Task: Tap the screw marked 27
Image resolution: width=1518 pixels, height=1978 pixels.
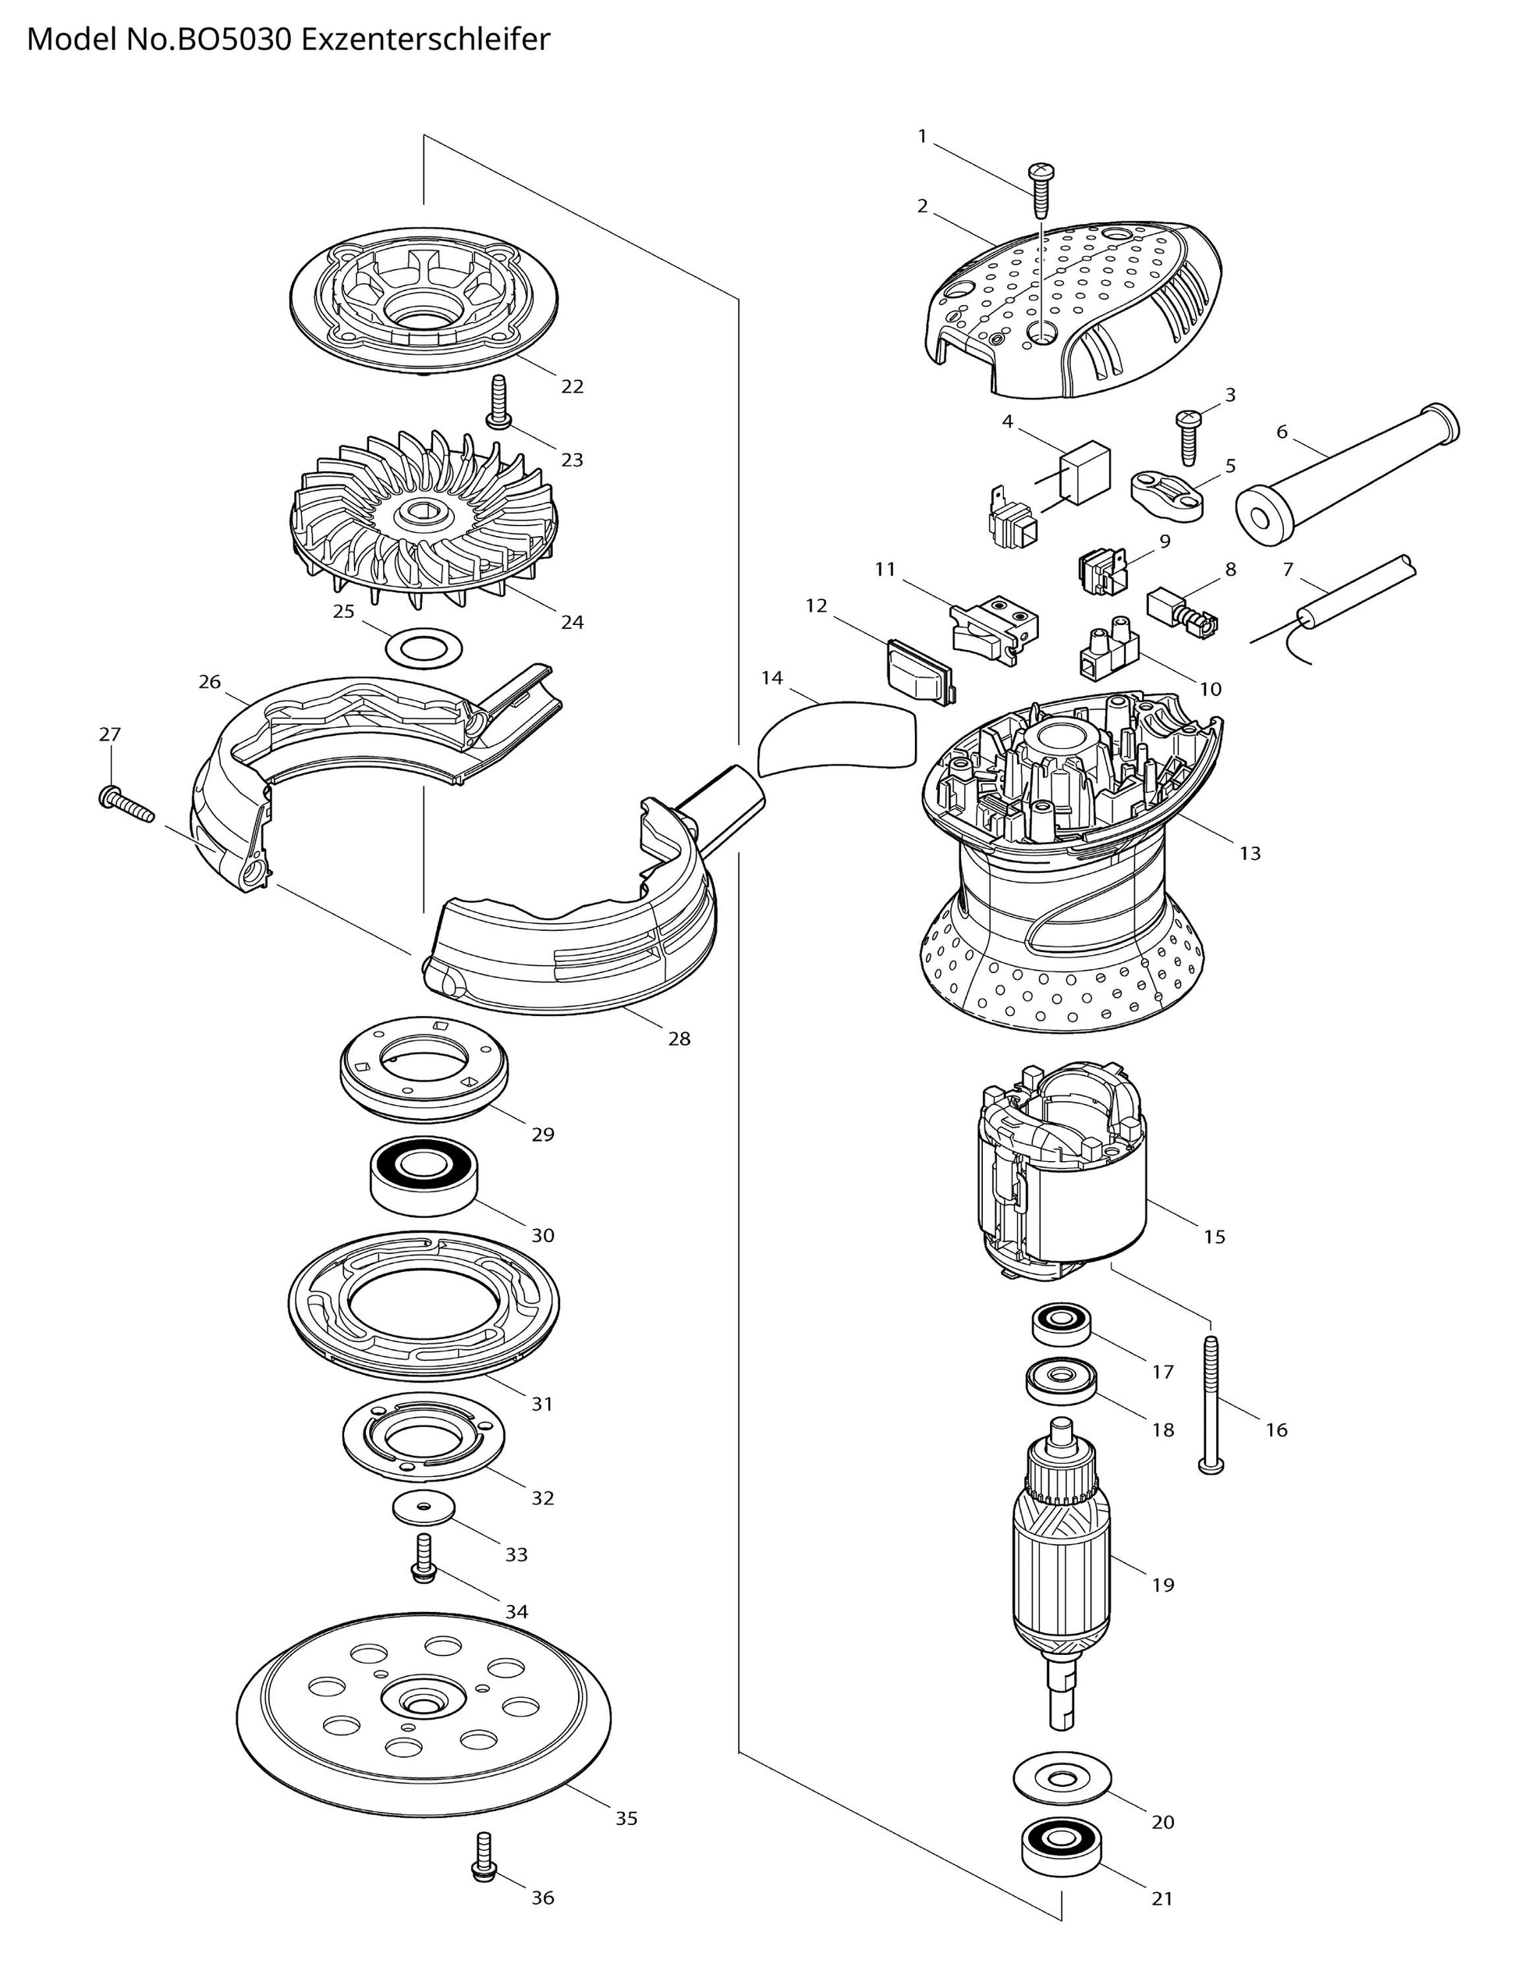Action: pyautogui.click(x=126, y=799)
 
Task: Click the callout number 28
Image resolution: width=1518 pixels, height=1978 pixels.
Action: pyautogui.click(x=679, y=1039)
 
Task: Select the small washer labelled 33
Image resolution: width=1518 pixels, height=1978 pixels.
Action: pyautogui.click(x=422, y=1508)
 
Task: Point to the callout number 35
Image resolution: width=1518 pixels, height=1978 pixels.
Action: pyautogui.click(x=626, y=1818)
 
